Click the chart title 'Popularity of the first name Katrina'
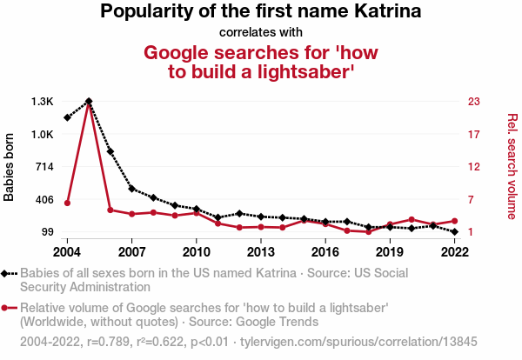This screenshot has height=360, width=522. click(x=261, y=12)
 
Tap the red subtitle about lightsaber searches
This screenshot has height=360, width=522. click(x=261, y=63)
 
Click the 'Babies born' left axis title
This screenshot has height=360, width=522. click(x=10, y=167)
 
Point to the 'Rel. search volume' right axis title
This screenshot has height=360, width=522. click(x=512, y=166)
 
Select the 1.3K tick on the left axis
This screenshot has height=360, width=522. click(x=42, y=102)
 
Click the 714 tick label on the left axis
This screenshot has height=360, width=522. click(x=42, y=167)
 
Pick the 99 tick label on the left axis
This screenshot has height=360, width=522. click(x=45, y=232)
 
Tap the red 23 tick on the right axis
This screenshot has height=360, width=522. click(x=474, y=102)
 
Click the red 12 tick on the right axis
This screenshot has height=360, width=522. click(x=474, y=167)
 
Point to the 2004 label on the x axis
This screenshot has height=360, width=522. click(x=67, y=252)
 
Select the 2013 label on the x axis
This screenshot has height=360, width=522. click(x=261, y=252)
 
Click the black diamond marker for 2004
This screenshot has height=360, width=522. click(x=67, y=117)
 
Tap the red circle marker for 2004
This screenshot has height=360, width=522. click(x=67, y=203)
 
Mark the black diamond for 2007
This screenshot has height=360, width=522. click(x=131, y=189)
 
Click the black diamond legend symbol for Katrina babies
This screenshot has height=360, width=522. click(x=7, y=273)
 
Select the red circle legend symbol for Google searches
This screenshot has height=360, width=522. click(x=7, y=308)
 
